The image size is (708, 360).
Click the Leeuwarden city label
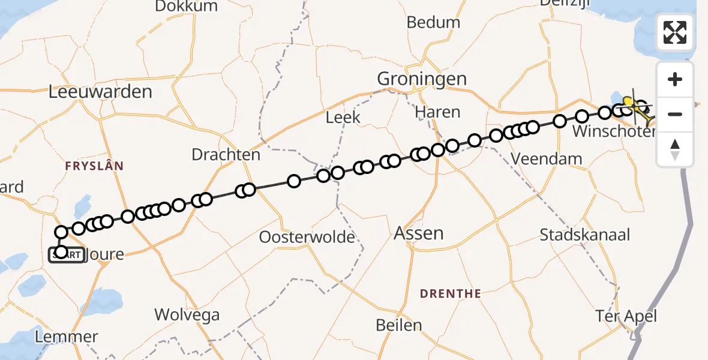tap(100, 92)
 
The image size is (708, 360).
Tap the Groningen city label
tap(421, 78)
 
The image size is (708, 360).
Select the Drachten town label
tap(226, 155)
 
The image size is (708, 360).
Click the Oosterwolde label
tap(307, 237)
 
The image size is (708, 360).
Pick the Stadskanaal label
tap(585, 234)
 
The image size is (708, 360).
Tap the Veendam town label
tap(546, 159)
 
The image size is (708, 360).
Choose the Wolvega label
tap(187, 314)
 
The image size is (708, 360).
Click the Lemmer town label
tap(67, 337)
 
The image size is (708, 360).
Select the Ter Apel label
tap(626, 316)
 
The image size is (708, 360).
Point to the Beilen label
tap(399, 325)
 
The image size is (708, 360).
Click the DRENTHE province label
tap(451, 293)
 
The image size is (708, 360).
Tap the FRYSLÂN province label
tap(95, 166)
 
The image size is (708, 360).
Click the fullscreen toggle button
tap(675, 32)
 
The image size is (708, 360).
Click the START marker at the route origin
tap(66, 255)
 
